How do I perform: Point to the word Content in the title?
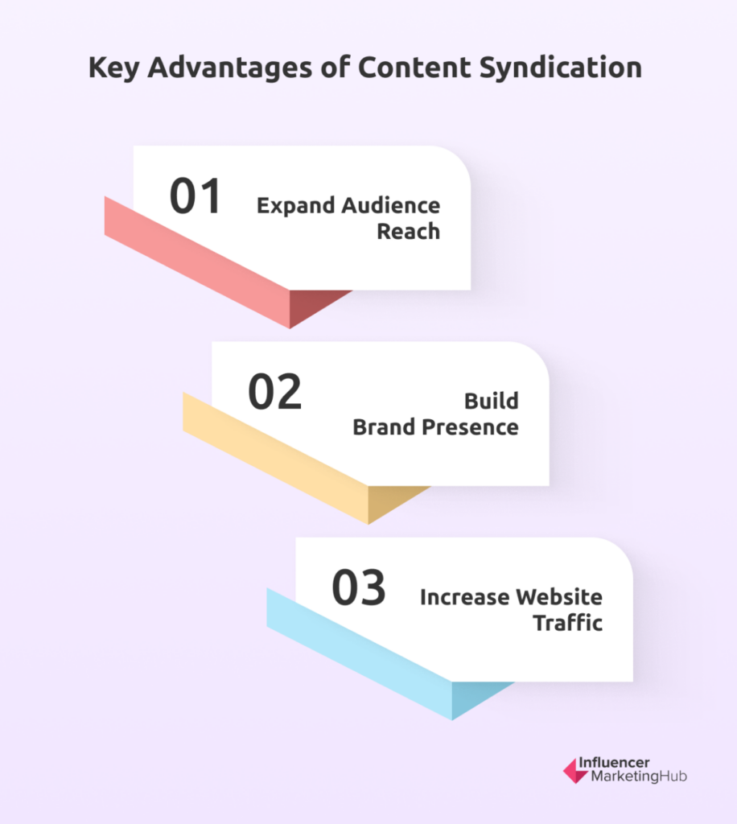[x=414, y=68]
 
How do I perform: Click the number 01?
[x=195, y=196]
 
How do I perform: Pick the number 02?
[x=274, y=392]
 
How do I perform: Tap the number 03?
[x=359, y=587]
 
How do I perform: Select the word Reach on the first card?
[x=409, y=231]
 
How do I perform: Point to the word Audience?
[x=391, y=205]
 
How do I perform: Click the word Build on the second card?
[x=492, y=401]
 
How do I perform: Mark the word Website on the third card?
[x=559, y=597]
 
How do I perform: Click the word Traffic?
[x=568, y=623]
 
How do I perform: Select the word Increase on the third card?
[x=465, y=597]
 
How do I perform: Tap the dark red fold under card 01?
[x=311, y=305]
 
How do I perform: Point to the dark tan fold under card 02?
[x=389, y=501]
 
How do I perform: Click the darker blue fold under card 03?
[x=473, y=697]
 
